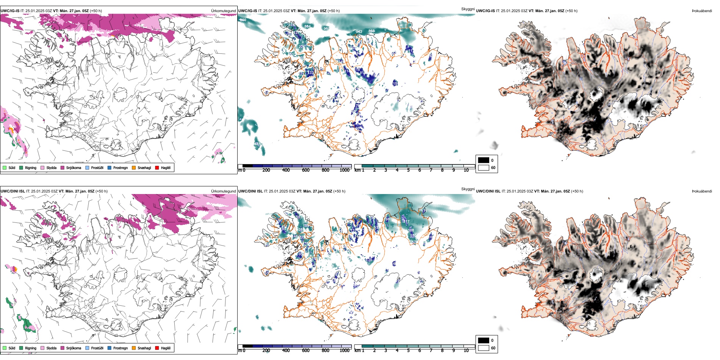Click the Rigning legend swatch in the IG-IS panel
pyautogui.click(x=21, y=167)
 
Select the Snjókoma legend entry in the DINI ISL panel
pyautogui.click(x=63, y=348)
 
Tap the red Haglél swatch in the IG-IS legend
pyautogui.click(x=157, y=167)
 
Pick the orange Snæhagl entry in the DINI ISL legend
pyautogui.click(x=134, y=348)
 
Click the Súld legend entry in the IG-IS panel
pyautogui.click(x=5, y=167)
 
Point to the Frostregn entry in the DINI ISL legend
pyautogui.click(x=110, y=348)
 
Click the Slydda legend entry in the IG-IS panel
pyautogui.click(x=42, y=167)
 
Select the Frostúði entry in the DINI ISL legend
pyautogui.click(x=88, y=348)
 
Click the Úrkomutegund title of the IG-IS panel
pyautogui.click(x=223, y=11)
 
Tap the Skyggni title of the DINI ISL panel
pyautogui.click(x=468, y=189)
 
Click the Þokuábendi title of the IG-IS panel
pyautogui.click(x=702, y=11)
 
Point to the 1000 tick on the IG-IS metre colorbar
pyautogui.click(x=344, y=170)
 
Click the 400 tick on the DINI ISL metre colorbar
pyautogui.click(x=286, y=351)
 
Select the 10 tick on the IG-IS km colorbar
pyautogui.click(x=466, y=170)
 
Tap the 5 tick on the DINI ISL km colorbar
pyautogui.click(x=409, y=351)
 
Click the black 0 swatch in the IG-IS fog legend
pyautogui.click(x=484, y=160)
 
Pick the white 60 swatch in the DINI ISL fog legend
pyautogui.click(x=484, y=348)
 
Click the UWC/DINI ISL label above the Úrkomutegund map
pyautogui.click(x=13, y=191)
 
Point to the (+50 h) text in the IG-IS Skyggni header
pyautogui.click(x=333, y=11)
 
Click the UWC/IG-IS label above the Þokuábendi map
pyautogui.click(x=485, y=11)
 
